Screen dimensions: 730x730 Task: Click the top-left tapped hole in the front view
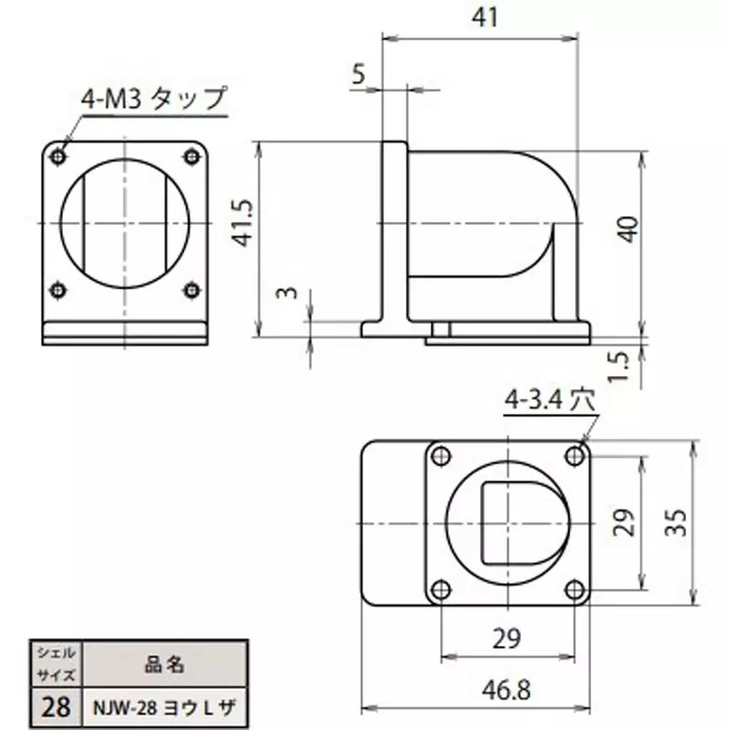click(x=58, y=156)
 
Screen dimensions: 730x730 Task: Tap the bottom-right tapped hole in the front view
click(x=191, y=290)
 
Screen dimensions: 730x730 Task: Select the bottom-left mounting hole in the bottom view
click(x=441, y=589)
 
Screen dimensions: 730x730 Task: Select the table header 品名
click(x=166, y=665)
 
